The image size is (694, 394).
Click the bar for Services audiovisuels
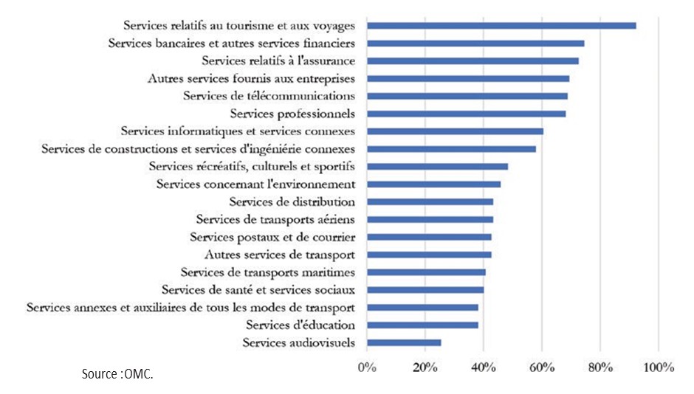click(404, 342)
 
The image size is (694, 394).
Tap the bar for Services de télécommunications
click(467, 96)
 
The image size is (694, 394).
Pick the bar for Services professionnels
click(467, 114)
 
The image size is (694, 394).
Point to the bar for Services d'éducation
click(422, 325)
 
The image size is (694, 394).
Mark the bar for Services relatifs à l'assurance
click(473, 61)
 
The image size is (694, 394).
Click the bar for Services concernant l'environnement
click(433, 184)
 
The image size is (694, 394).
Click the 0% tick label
click(367, 367)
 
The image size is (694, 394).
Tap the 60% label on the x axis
click(541, 367)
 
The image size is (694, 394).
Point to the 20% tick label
click(425, 367)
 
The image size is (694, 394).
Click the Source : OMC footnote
click(117, 375)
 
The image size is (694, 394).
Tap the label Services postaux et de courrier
click(272, 237)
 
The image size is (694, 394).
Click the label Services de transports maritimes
click(268, 272)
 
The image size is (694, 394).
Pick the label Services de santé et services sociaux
click(258, 290)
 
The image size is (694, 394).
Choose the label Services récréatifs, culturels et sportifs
click(252, 166)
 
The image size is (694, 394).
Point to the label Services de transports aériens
click(275, 219)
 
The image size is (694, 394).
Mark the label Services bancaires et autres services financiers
click(232, 43)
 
